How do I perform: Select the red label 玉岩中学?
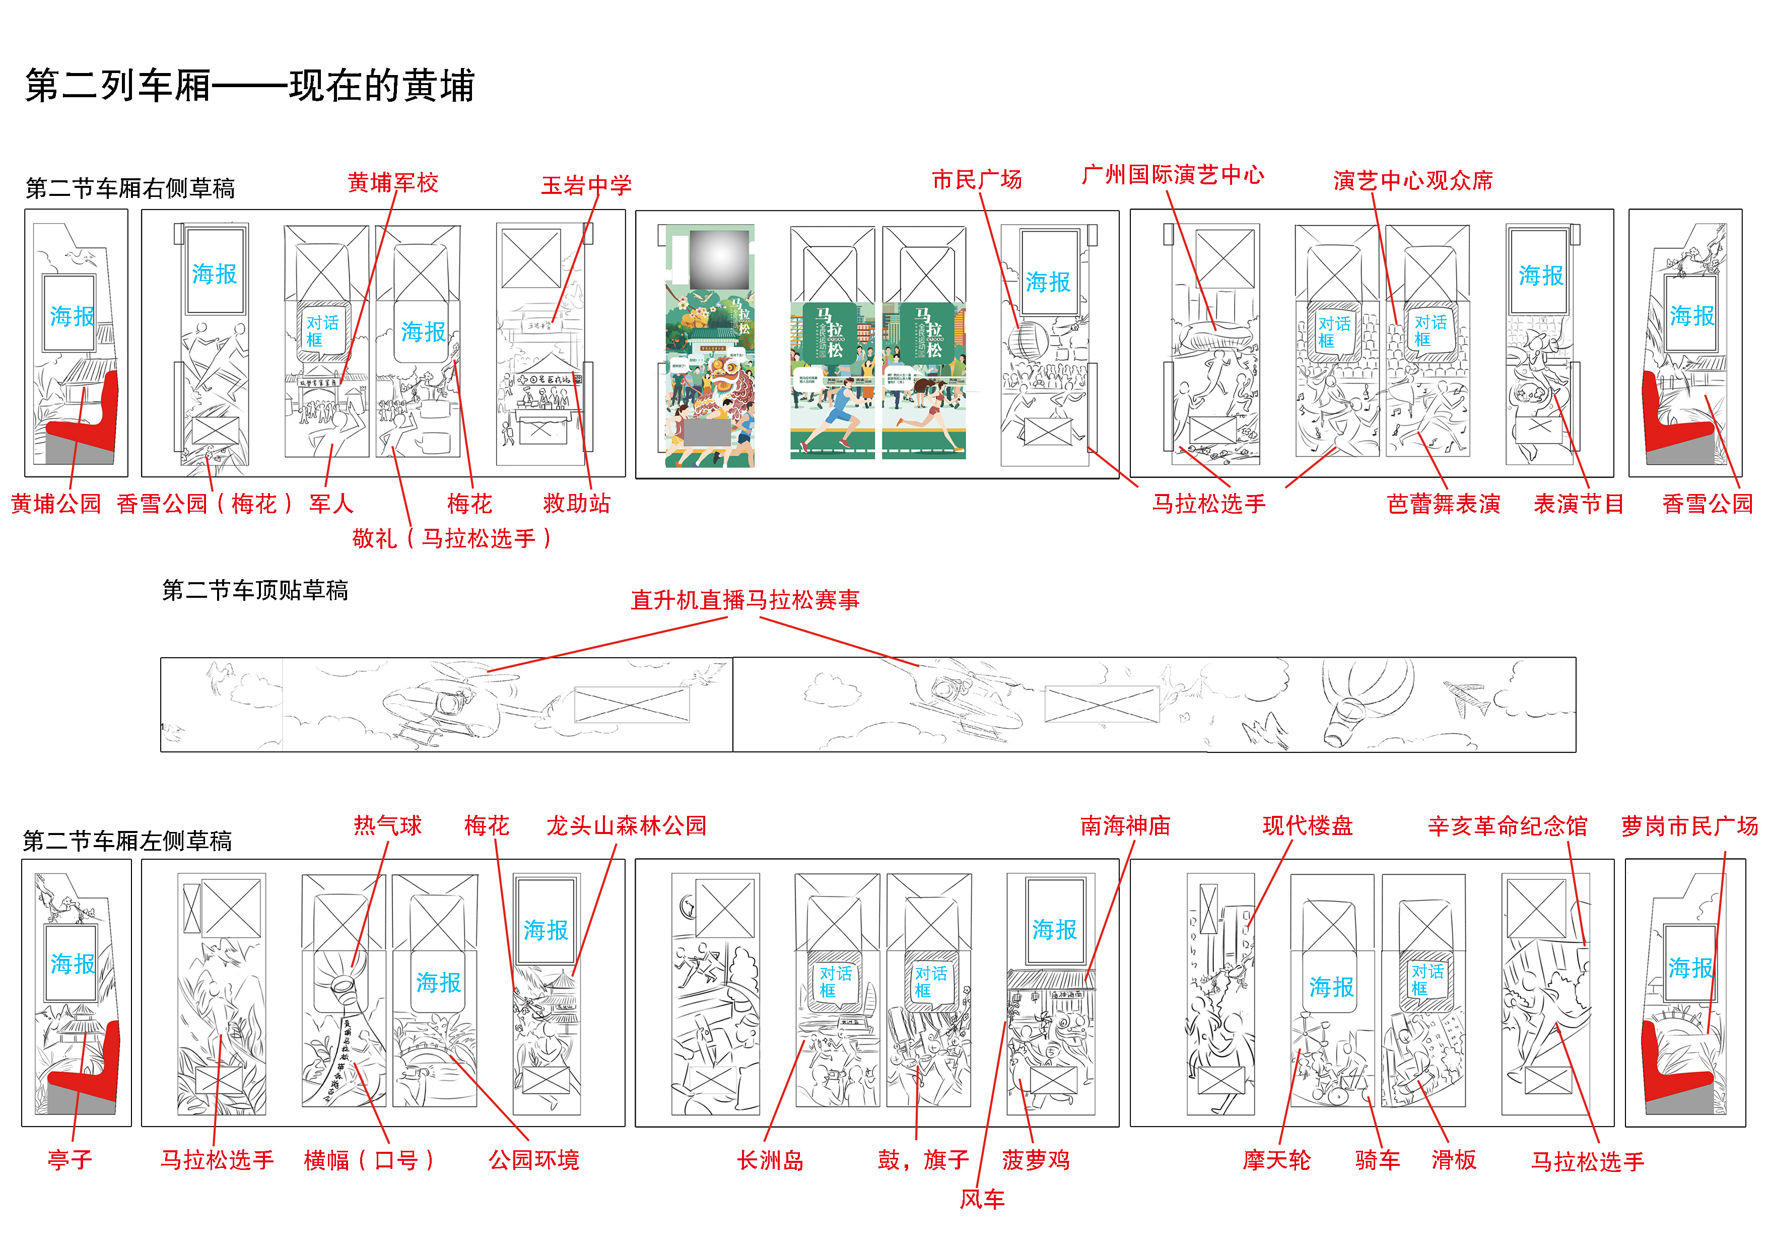(586, 185)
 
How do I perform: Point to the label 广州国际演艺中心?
(1172, 175)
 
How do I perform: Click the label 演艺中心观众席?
(1412, 181)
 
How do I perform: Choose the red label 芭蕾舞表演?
(1443, 504)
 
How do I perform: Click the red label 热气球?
(387, 826)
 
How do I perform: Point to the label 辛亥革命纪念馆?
(1507, 826)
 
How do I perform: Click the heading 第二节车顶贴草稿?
(255, 590)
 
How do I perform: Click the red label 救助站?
(576, 504)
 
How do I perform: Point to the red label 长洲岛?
(770, 1160)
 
